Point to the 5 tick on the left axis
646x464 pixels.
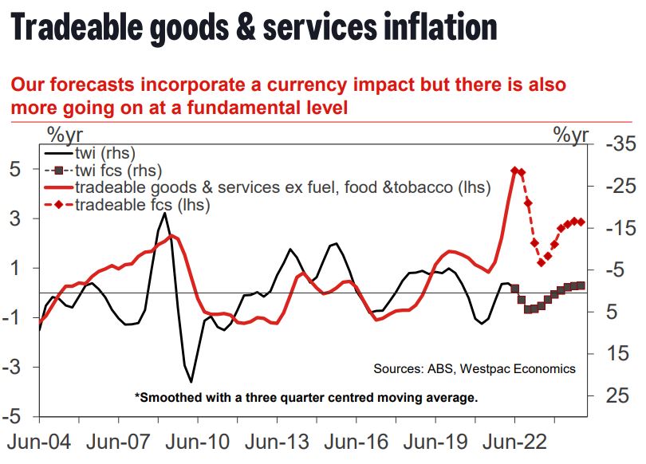pyautogui.click(x=15, y=169)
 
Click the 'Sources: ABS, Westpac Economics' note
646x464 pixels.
pyautogui.click(x=474, y=369)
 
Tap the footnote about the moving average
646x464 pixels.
pyautogui.click(x=305, y=396)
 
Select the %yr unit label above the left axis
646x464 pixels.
pyautogui.click(x=62, y=135)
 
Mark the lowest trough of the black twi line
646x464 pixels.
pyautogui.click(x=191, y=382)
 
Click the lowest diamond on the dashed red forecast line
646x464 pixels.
pyautogui.click(x=541, y=262)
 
